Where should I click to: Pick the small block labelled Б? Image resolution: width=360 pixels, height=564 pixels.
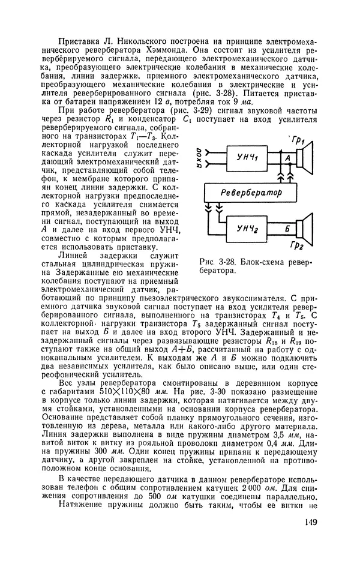tap(289, 229)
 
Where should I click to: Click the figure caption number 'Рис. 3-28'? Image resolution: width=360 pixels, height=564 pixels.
tap(222, 262)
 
